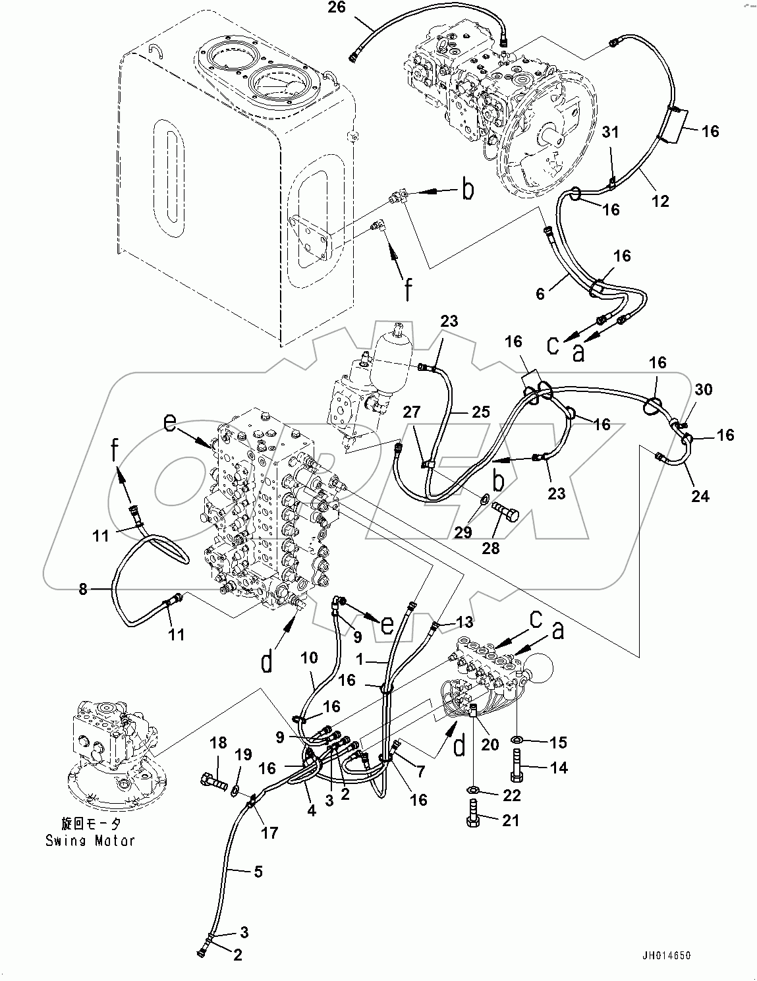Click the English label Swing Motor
click(x=90, y=841)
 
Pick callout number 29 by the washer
click(x=463, y=531)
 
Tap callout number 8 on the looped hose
click(x=83, y=588)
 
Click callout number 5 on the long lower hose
click(x=258, y=871)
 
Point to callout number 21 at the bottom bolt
click(x=511, y=821)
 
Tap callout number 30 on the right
click(x=704, y=389)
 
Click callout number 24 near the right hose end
click(x=700, y=495)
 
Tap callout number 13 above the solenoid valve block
click(x=464, y=622)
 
